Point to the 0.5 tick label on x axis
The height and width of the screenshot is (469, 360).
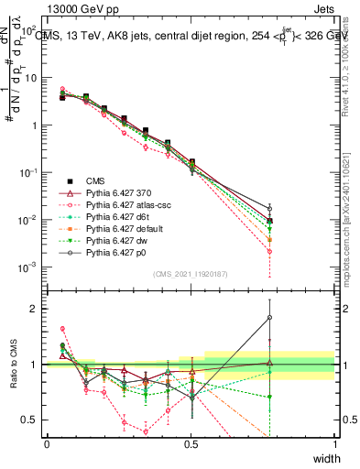click(x=191, y=444)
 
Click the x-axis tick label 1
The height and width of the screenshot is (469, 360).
click(x=335, y=444)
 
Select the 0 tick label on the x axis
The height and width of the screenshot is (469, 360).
click(x=47, y=444)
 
